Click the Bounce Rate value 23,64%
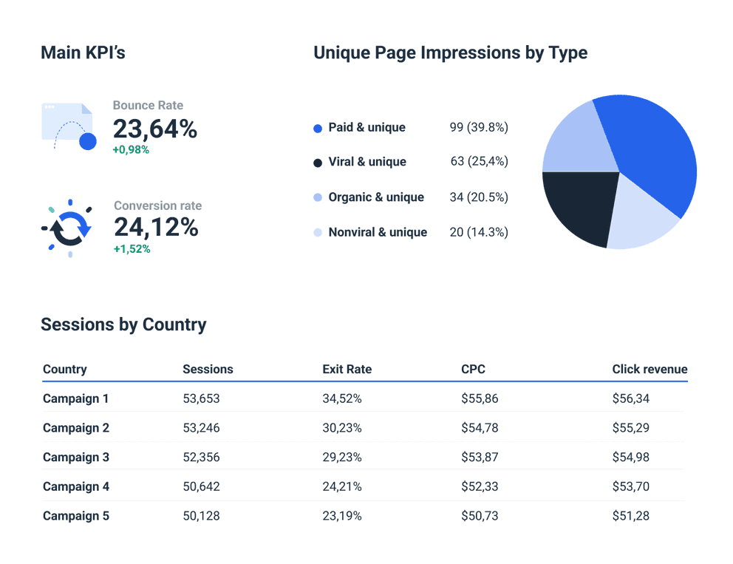coord(154,129)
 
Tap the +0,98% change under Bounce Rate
coord(131,150)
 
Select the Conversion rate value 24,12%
coord(156,228)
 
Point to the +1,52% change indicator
coord(132,249)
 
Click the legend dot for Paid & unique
coord(318,128)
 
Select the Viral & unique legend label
coord(367,162)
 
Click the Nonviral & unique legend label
coord(378,232)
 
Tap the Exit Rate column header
coord(347,369)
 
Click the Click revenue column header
coord(650,369)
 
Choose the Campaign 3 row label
coord(76,457)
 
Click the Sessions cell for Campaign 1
coord(201,398)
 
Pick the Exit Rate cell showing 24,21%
coord(341,486)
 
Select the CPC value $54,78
coord(480,428)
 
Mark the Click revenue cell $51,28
coord(630,516)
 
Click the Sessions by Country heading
coord(123,325)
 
